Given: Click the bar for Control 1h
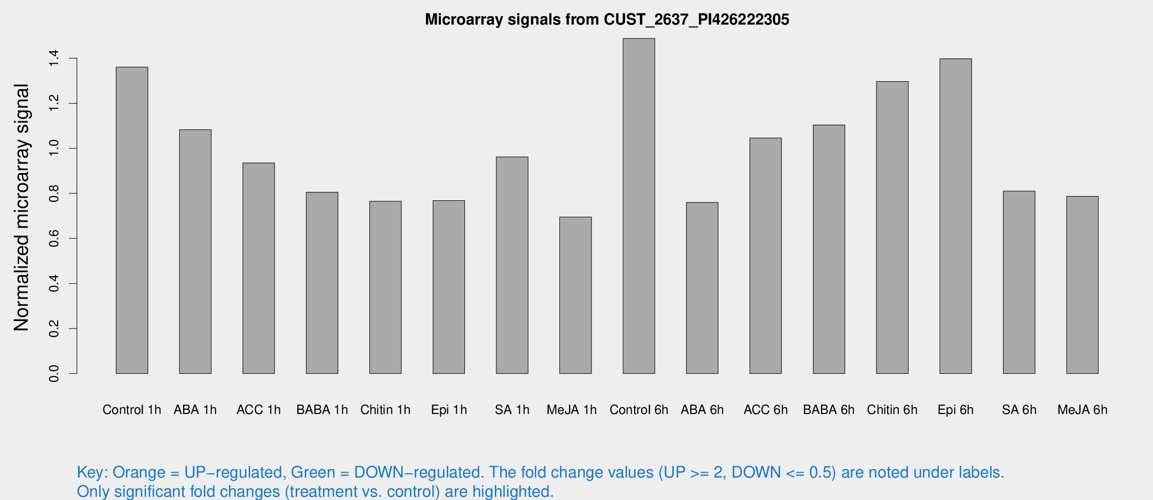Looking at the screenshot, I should point(132,220).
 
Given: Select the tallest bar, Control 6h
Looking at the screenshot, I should point(638,206).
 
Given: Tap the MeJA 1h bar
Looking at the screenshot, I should point(575,295).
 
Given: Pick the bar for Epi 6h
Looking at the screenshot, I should point(955,216).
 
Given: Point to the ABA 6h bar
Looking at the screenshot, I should point(702,288).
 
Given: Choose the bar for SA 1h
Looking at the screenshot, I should point(512,265).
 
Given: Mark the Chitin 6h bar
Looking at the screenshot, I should point(892,228).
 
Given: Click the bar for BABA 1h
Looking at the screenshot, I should point(322,283).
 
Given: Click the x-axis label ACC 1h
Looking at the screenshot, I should point(258,410).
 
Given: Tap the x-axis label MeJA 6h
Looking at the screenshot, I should point(1082,410).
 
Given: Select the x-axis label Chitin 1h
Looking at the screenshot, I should point(385,410).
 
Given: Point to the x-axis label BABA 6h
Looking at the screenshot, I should point(828,410).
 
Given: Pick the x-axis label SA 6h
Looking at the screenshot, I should point(1018,410).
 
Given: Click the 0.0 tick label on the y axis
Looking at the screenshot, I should point(53,373).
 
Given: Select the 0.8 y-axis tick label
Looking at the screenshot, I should point(53,193).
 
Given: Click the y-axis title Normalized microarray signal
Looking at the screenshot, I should point(21,207).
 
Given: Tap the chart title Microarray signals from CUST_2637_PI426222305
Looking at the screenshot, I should point(607,20).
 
